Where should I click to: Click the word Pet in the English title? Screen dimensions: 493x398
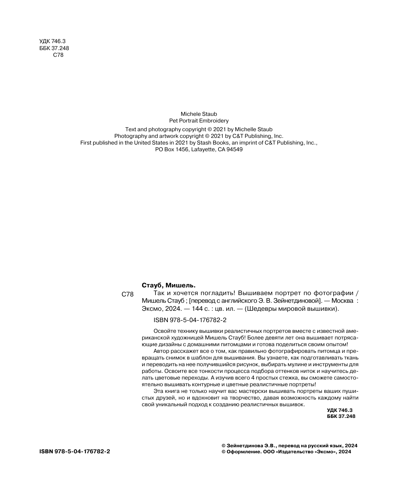[174, 120]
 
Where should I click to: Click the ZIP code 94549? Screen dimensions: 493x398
[235, 150]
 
